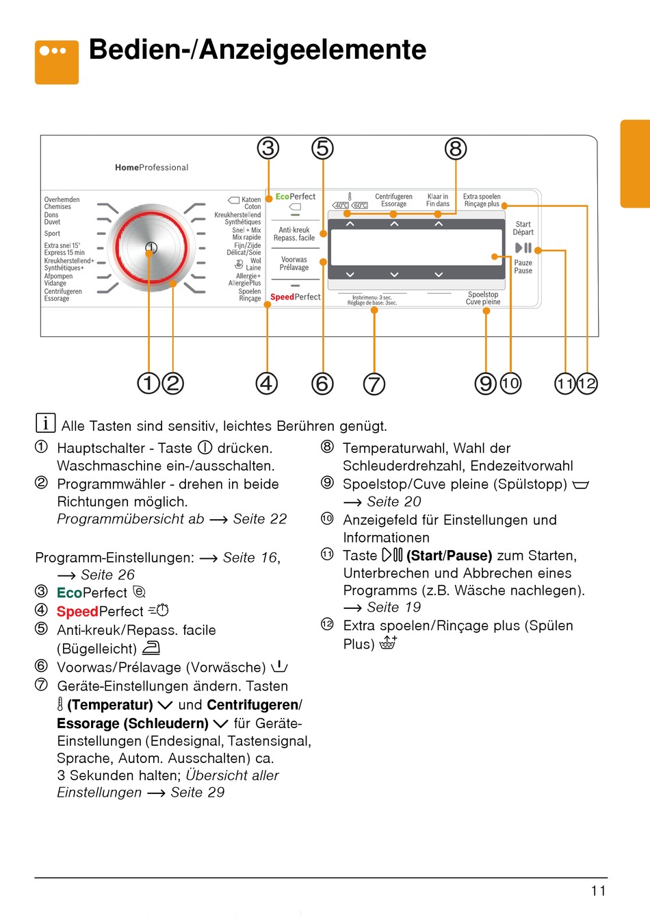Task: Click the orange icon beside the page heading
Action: (57, 62)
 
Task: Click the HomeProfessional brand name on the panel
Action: (151, 167)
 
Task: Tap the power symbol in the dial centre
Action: (151, 247)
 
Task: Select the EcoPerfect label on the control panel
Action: (296, 197)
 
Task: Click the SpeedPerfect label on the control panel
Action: (295, 297)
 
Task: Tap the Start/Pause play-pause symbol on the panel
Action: (523, 248)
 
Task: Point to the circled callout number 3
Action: (268, 149)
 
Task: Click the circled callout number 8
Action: (456, 149)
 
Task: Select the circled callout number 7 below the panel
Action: (374, 384)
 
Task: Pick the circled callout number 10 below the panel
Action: (510, 383)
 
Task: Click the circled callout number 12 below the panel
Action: (587, 383)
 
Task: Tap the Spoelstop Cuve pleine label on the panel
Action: (483, 298)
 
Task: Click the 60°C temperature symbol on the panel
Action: (360, 205)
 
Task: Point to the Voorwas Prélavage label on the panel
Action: (294, 264)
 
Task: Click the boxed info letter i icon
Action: (45, 423)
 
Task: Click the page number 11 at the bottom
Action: (598, 890)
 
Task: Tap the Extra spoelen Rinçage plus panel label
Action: (482, 200)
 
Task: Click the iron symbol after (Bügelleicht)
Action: (151, 647)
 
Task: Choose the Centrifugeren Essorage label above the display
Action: (393, 200)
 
